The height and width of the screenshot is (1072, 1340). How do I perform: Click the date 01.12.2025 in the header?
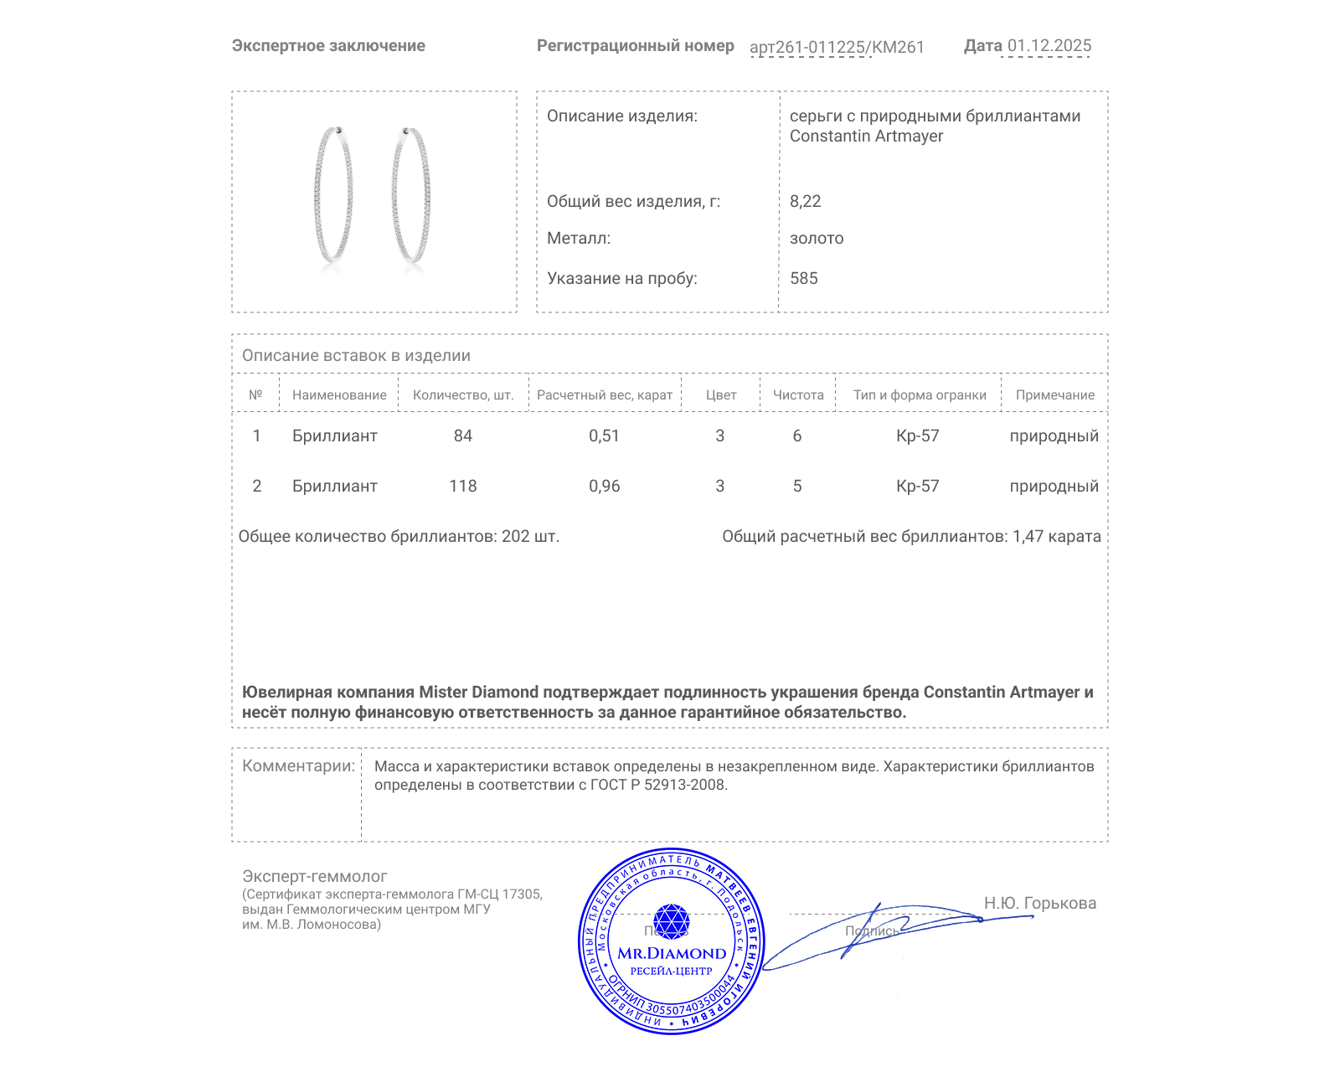(x=1049, y=46)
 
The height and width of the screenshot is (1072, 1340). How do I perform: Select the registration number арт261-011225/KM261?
(x=836, y=48)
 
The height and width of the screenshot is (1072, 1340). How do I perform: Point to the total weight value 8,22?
(x=805, y=202)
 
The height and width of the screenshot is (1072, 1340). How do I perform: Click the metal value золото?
(x=816, y=239)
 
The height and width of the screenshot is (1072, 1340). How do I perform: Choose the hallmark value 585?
(x=803, y=279)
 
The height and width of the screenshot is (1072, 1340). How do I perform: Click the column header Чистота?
(x=797, y=395)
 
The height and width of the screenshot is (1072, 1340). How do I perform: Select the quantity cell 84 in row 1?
(x=462, y=436)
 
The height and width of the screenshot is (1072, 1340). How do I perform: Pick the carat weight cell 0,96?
(x=604, y=487)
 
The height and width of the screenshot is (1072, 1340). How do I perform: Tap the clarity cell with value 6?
(x=796, y=436)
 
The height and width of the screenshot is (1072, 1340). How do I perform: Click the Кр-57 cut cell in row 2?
(x=917, y=487)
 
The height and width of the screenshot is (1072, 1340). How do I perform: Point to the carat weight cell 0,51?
(x=604, y=436)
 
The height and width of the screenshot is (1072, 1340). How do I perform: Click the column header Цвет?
(x=720, y=395)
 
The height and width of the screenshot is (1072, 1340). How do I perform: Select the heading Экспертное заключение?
(x=328, y=46)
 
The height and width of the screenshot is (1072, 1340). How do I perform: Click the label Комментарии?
(x=298, y=766)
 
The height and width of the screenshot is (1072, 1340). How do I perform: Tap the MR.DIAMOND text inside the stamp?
(x=672, y=953)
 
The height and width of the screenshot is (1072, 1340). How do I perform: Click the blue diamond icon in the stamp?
(x=671, y=921)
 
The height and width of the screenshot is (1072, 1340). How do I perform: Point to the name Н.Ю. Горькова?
(x=1039, y=904)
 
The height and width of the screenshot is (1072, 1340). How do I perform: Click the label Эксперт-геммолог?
(x=314, y=877)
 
